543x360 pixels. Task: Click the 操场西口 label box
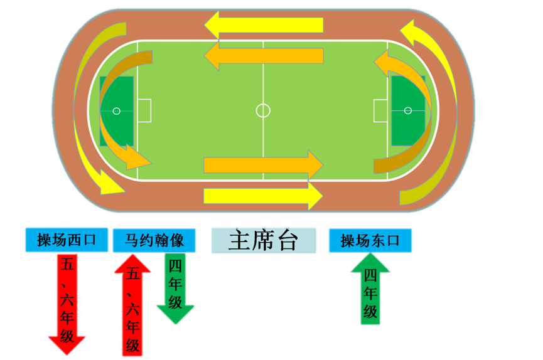(x=66, y=240)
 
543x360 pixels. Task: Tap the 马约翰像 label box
(x=154, y=240)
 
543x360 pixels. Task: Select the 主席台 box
(x=263, y=241)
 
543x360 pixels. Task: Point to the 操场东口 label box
(x=370, y=240)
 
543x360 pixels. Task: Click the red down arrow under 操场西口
(x=67, y=301)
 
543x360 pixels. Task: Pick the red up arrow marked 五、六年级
(x=132, y=304)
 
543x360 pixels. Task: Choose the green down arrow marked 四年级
(x=175, y=288)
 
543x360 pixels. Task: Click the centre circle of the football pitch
(x=263, y=110)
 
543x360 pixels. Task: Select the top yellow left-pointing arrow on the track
(x=264, y=26)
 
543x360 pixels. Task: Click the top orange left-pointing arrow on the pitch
(x=264, y=56)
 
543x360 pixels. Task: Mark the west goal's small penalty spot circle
(x=116, y=111)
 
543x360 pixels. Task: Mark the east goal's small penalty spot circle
(x=408, y=110)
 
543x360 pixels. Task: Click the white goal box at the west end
(x=144, y=111)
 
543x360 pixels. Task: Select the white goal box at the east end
(x=380, y=110)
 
